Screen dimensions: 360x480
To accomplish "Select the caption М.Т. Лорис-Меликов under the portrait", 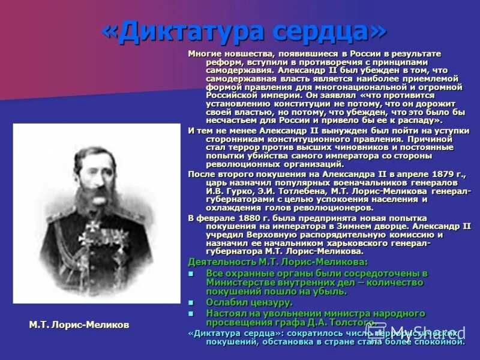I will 79,325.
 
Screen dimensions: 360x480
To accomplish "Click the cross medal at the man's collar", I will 94,227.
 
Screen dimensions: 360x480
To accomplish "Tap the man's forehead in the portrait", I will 95,146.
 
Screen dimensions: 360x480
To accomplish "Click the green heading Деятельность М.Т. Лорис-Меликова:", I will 278,262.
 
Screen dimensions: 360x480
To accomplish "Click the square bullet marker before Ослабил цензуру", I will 191,302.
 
